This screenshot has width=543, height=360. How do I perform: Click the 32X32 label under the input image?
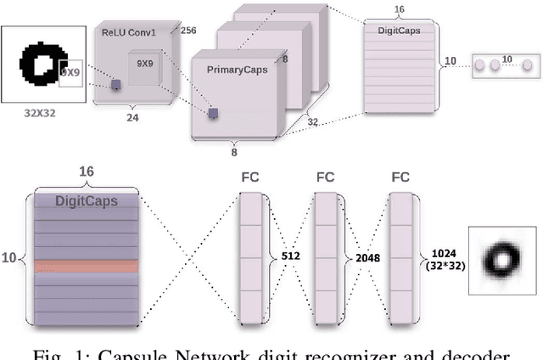(x=42, y=110)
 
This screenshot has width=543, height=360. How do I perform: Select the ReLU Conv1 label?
(x=129, y=34)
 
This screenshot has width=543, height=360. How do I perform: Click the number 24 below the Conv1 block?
(x=132, y=119)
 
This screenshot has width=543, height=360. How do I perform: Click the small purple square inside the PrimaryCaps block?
(x=214, y=113)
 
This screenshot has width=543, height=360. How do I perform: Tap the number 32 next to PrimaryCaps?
(x=312, y=121)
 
